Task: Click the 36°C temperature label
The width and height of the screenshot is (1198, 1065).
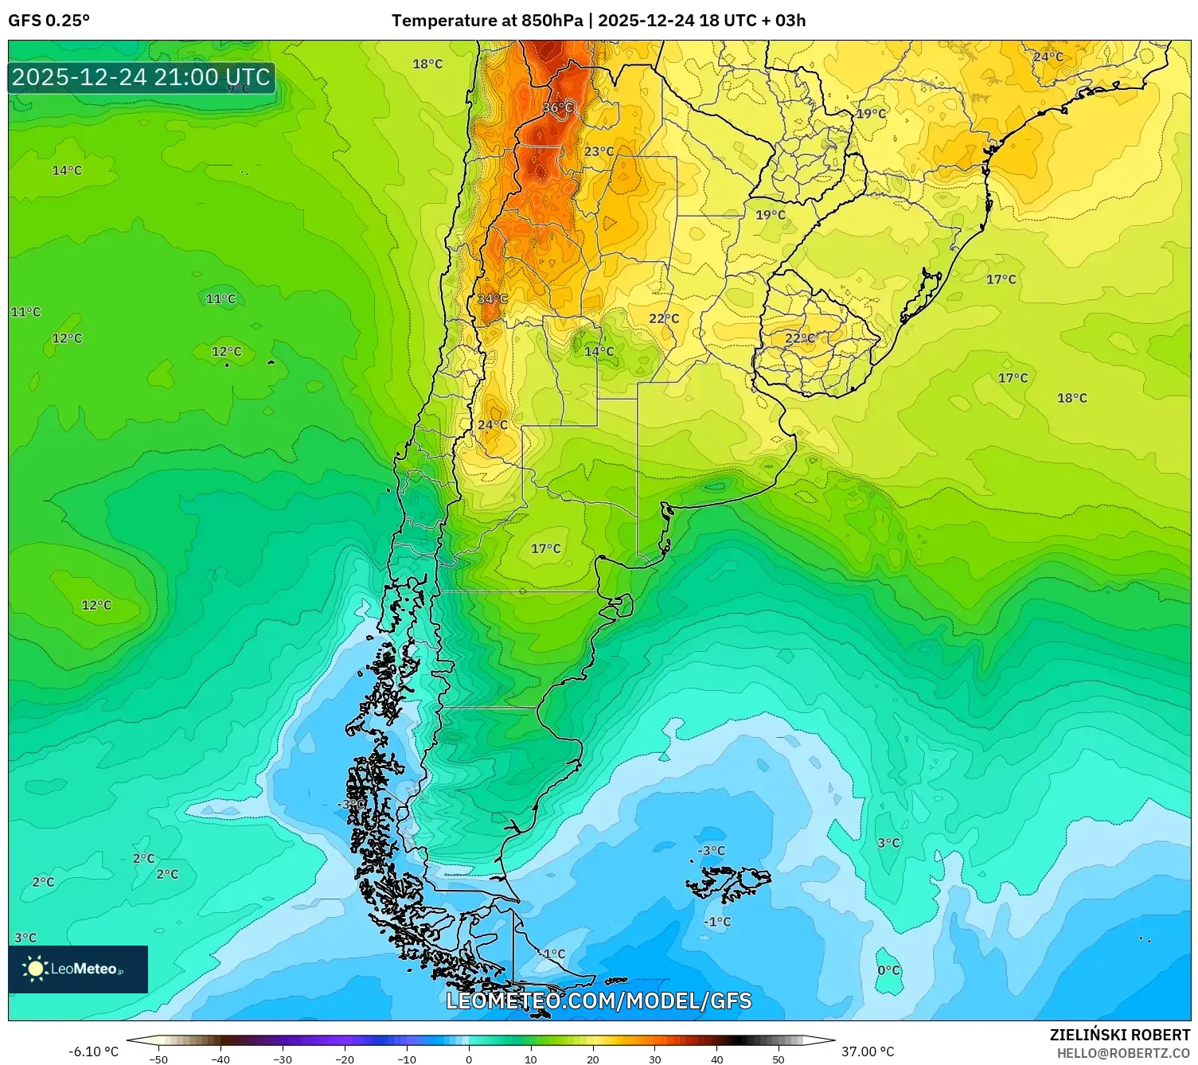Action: point(557,107)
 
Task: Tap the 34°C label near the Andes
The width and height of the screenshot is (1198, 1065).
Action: point(492,299)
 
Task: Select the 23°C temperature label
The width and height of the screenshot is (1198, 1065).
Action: point(599,151)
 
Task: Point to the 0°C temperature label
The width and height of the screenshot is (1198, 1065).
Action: point(888,970)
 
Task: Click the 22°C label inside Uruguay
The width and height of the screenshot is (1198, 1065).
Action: point(800,338)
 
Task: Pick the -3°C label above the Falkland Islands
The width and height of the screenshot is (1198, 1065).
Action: point(712,851)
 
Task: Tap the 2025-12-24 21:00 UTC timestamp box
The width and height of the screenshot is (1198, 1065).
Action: point(142,77)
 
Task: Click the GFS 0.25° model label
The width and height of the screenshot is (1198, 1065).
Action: point(49,21)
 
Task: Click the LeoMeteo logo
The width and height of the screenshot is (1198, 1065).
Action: point(78,969)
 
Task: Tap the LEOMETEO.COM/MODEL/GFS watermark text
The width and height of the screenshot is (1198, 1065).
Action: point(599,1001)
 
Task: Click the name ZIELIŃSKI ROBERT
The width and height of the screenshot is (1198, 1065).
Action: point(1120,1035)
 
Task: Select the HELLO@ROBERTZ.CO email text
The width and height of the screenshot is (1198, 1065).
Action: point(1123,1053)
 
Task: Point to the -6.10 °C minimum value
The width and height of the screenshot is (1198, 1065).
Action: point(94,1051)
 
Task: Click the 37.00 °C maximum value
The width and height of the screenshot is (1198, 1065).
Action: point(868,1051)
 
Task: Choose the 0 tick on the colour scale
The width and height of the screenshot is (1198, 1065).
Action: point(468,1059)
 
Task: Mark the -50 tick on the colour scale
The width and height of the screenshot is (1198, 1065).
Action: point(158,1059)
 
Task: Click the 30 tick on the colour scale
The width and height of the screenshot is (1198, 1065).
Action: point(654,1059)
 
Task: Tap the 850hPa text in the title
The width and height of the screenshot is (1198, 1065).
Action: point(552,21)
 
